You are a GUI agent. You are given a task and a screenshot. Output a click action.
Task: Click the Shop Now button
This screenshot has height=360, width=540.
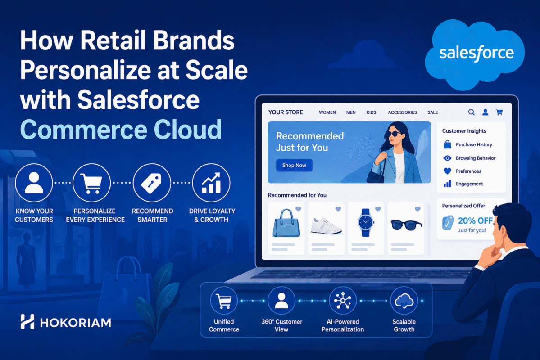point(294,165)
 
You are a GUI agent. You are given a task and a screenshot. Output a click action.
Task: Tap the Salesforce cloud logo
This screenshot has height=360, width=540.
point(476,53)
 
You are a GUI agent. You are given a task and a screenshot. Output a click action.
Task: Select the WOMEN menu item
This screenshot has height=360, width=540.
point(327,112)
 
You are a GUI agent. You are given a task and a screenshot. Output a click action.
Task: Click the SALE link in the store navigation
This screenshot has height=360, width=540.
point(432,112)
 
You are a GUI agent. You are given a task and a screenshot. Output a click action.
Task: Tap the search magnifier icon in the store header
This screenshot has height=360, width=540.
point(472,112)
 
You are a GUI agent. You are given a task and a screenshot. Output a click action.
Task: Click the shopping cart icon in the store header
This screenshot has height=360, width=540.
point(499,112)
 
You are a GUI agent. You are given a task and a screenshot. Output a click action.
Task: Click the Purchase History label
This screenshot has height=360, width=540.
point(474,144)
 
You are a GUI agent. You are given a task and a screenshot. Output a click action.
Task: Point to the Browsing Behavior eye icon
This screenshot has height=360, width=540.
point(447,158)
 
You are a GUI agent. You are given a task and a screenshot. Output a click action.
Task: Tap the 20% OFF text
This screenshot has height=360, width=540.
point(475,220)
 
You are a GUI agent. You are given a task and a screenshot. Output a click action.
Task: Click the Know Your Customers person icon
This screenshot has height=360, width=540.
point(34,183)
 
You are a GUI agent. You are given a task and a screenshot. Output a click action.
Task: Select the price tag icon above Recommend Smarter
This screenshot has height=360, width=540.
point(152,183)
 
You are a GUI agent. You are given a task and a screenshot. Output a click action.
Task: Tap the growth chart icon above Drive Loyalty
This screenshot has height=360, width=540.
point(211,183)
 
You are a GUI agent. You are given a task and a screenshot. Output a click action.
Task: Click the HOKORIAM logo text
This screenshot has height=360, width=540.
point(76,322)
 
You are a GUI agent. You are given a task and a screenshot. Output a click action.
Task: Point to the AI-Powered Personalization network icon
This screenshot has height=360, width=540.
point(343,301)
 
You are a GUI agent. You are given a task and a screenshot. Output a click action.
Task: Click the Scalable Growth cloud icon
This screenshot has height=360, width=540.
point(404,301)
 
